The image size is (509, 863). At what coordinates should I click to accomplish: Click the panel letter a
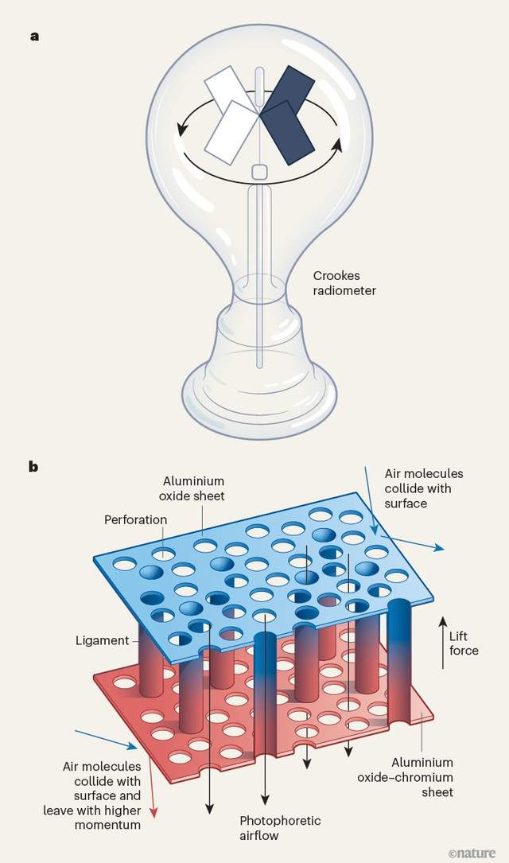[35, 37]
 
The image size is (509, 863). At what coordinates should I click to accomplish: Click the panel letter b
[34, 467]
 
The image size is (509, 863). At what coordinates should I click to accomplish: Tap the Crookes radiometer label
[344, 283]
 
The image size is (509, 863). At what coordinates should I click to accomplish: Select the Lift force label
[464, 643]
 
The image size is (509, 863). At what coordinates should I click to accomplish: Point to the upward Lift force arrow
[442, 643]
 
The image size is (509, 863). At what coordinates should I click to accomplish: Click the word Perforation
[135, 519]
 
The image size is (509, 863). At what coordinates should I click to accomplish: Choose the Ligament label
[103, 640]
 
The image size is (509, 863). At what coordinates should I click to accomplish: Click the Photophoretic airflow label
[280, 828]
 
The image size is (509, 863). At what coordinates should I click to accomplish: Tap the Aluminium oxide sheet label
[192, 488]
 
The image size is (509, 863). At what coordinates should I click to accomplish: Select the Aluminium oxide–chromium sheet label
[406, 777]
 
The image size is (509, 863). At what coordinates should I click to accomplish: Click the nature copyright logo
[472, 853]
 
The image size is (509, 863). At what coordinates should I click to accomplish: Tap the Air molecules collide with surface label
[424, 488]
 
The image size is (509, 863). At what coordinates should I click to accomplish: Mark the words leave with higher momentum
[92, 818]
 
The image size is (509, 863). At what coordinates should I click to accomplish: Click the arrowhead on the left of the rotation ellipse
[181, 130]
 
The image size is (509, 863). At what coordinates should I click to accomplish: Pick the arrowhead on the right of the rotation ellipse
[337, 145]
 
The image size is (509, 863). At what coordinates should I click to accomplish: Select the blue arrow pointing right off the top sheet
[419, 543]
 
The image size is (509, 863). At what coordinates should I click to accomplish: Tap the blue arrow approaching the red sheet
[106, 740]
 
